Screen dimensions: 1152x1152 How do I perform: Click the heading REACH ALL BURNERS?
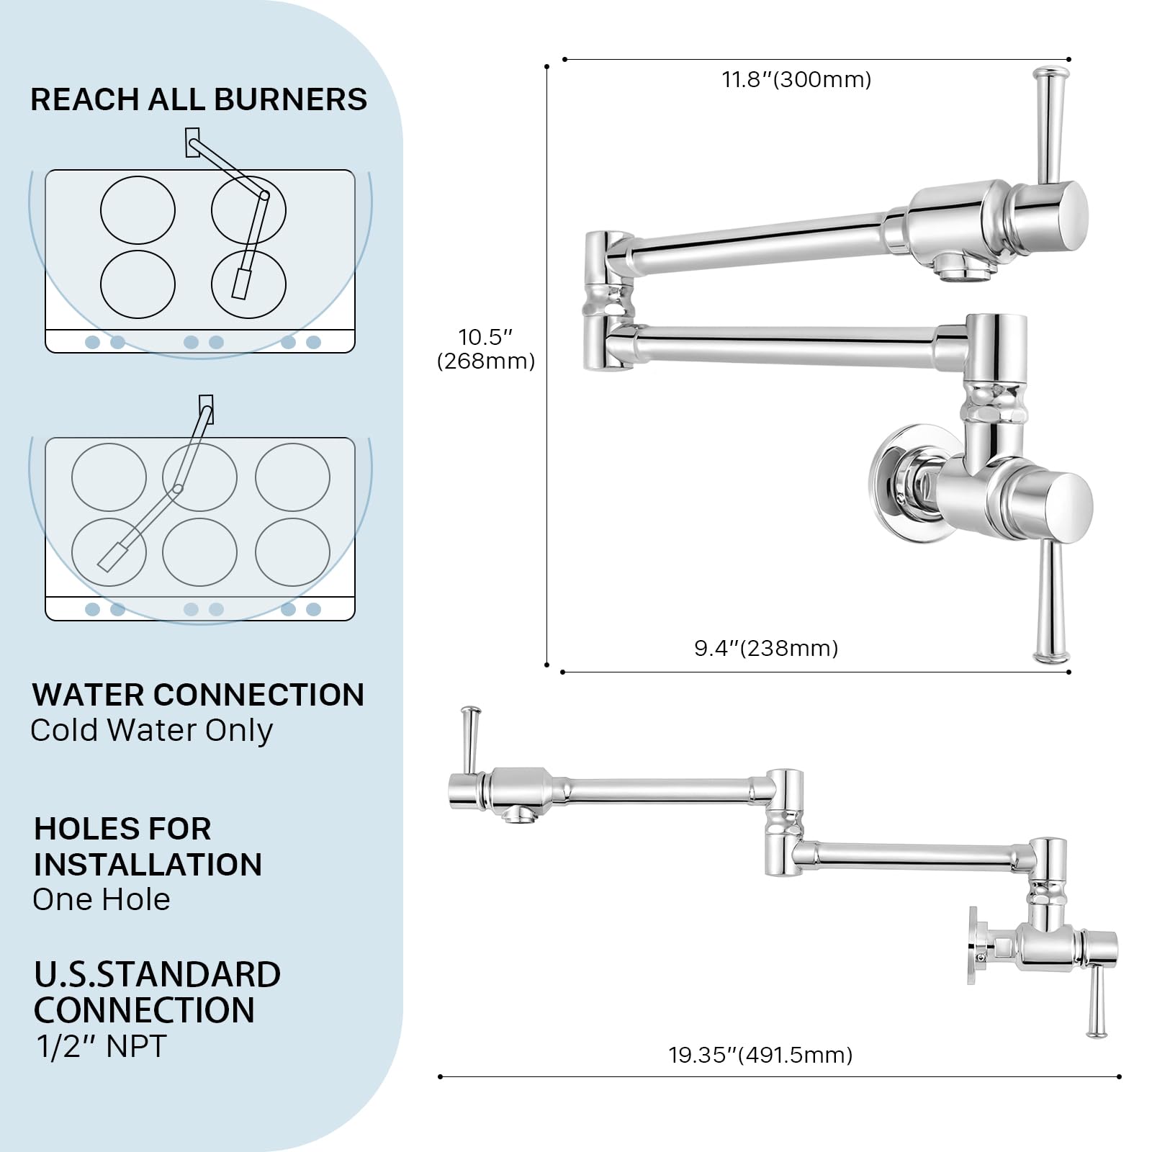point(199,99)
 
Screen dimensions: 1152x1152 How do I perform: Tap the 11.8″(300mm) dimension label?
point(796,79)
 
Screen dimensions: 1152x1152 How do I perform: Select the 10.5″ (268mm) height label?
point(486,348)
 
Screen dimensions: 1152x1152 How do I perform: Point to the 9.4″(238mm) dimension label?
point(766,648)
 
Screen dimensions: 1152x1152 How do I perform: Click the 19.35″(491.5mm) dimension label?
point(760,1055)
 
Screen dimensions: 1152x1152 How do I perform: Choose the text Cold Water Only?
point(152,730)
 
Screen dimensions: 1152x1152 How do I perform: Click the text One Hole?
point(102,899)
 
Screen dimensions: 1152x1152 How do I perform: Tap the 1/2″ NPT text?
point(102,1046)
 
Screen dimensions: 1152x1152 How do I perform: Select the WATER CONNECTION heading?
point(198,695)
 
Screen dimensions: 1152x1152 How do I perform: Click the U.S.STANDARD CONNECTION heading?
point(157,992)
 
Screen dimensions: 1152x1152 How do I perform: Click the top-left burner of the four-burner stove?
point(138,210)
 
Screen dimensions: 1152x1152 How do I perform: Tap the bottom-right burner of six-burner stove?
point(292,552)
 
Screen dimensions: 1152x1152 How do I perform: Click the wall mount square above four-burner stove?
point(192,142)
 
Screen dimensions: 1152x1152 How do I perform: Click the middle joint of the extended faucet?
point(784,821)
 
